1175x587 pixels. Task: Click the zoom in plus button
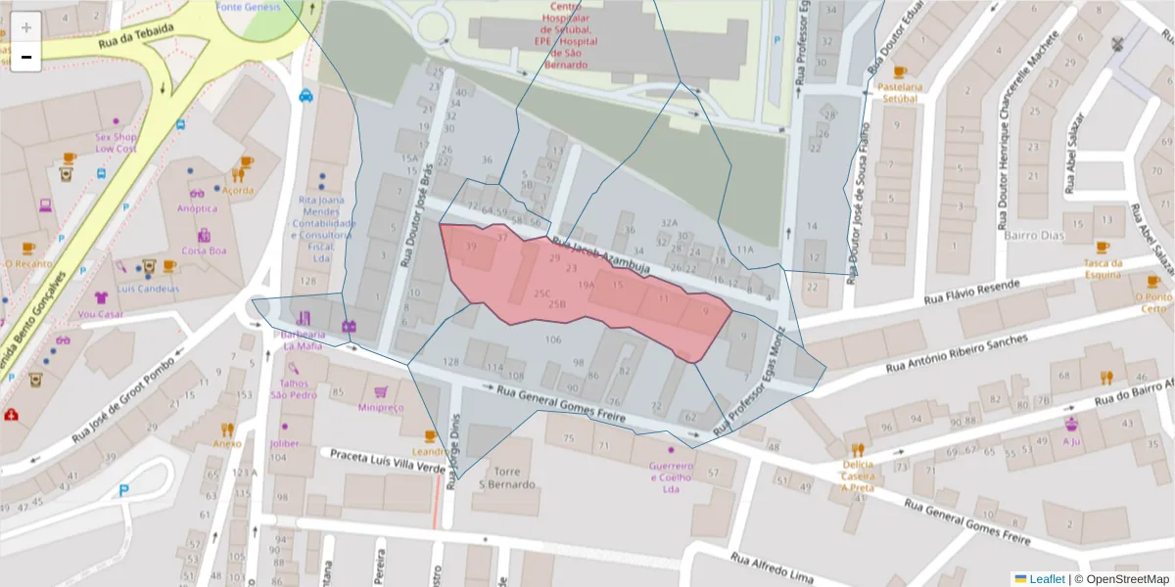pyautogui.click(x=26, y=26)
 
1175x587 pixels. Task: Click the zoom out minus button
pyautogui.click(x=26, y=57)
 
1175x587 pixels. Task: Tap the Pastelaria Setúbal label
pyautogui.click(x=900, y=93)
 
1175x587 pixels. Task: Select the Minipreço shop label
pyautogui.click(x=381, y=407)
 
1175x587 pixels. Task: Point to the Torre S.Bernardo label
pyautogui.click(x=506, y=477)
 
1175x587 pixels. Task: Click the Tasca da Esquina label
pyautogui.click(x=1102, y=269)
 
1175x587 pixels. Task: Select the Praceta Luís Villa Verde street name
pyautogui.click(x=387, y=461)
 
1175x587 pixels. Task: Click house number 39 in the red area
pyautogui.click(x=471, y=248)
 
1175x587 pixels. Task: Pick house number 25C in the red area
pyautogui.click(x=542, y=293)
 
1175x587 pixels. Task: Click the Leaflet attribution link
pyautogui.click(x=1047, y=578)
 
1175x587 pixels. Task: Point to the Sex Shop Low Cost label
pyautogui.click(x=116, y=143)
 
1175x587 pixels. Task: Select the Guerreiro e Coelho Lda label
pyautogui.click(x=671, y=478)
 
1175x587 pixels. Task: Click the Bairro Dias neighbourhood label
pyautogui.click(x=1035, y=236)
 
